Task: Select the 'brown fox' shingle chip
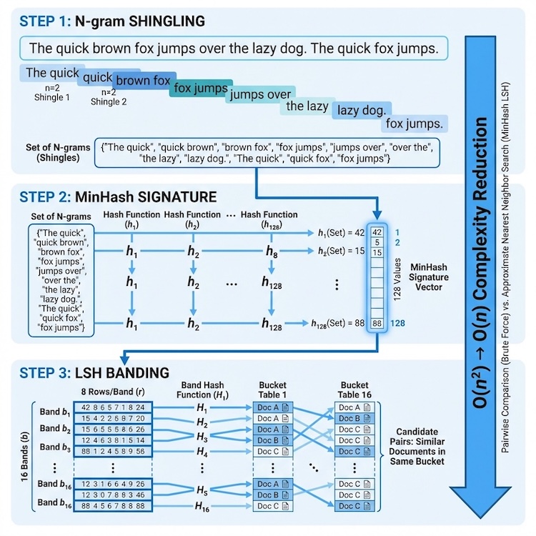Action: point(143,81)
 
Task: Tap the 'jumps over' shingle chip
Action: point(259,95)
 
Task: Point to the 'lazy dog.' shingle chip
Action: point(362,110)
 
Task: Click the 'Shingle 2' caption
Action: point(109,101)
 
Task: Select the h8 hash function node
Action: point(271,251)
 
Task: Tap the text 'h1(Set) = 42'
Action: point(340,233)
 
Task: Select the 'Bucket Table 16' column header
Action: point(354,390)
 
